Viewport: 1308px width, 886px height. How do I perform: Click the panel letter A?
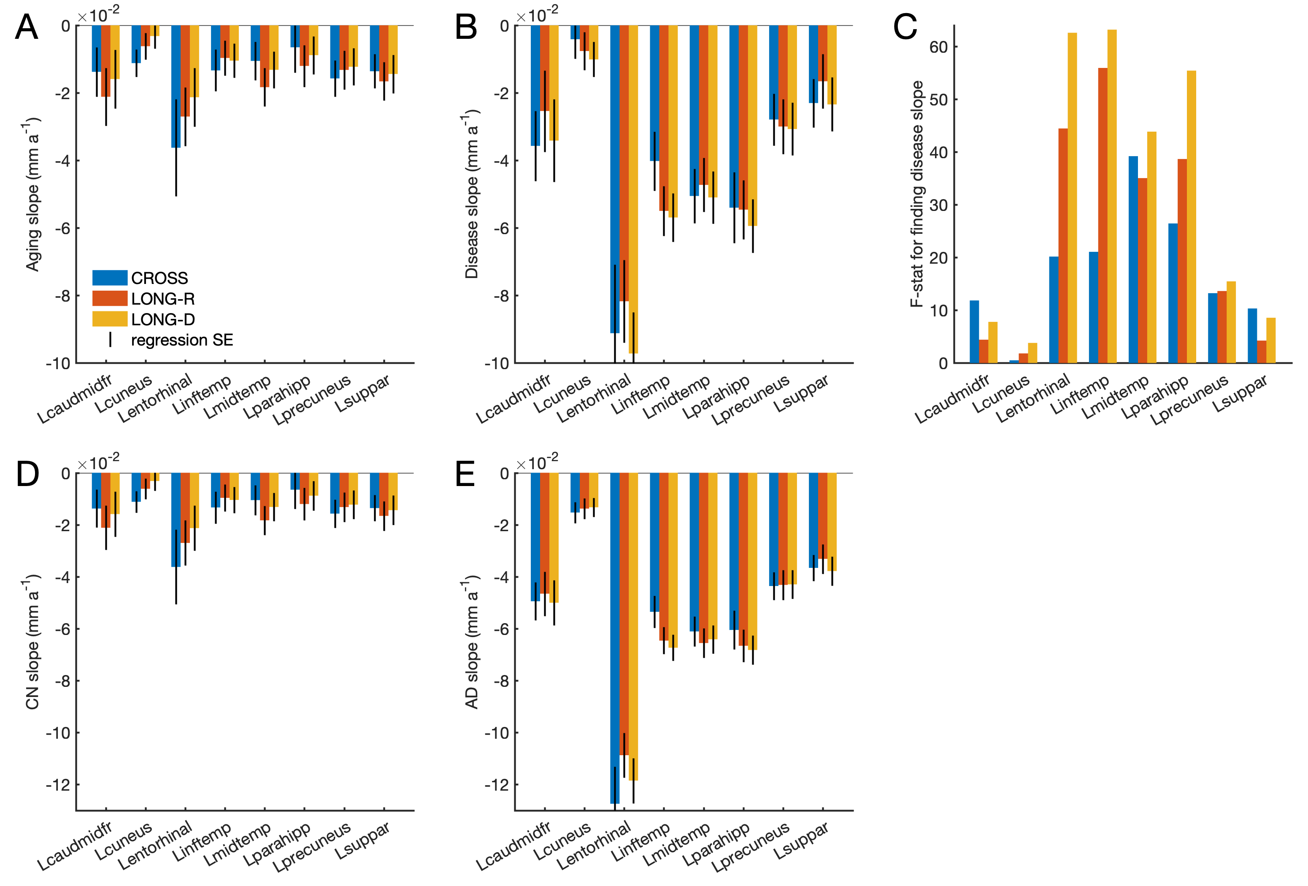(x=27, y=27)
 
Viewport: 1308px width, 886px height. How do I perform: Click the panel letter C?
(x=905, y=27)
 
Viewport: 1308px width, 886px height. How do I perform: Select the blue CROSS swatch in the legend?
(x=110, y=278)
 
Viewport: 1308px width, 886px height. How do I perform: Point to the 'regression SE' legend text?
(x=182, y=340)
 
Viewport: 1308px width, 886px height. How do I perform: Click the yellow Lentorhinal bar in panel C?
(x=1072, y=197)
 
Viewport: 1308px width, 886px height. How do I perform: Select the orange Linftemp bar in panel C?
(x=1103, y=215)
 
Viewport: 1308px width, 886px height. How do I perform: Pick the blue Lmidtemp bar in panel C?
(x=1133, y=259)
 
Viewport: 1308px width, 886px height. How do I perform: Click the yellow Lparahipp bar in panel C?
(x=1191, y=217)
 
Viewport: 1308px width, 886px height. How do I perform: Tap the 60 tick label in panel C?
(x=938, y=47)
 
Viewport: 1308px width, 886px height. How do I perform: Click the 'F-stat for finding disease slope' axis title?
(x=917, y=194)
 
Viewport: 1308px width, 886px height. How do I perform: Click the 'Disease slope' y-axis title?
(x=472, y=194)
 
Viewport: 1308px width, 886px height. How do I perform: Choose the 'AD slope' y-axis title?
(x=472, y=642)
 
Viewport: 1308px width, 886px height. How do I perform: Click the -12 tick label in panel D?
(x=59, y=785)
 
